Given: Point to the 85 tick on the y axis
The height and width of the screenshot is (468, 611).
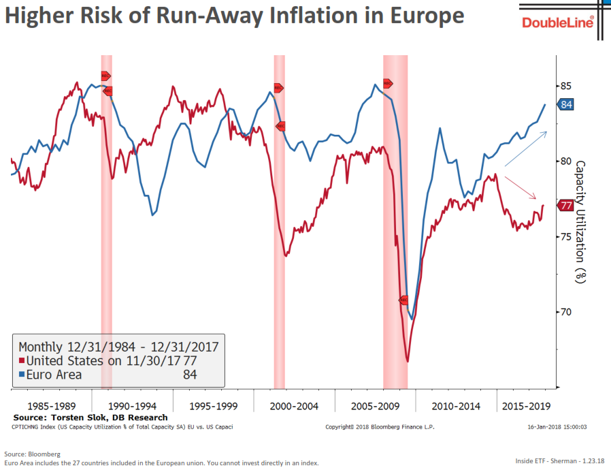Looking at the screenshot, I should tap(565, 87).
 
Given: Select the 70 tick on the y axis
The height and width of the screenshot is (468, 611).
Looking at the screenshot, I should tap(565, 312).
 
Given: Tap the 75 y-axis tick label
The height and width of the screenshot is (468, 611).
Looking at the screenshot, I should tap(565, 236).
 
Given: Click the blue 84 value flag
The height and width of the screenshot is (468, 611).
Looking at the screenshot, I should tap(566, 104).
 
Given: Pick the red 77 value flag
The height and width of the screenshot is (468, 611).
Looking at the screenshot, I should tap(565, 205).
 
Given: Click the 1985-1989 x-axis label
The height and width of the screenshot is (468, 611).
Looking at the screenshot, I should tap(51, 406).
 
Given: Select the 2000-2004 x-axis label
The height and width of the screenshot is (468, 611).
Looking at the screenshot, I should tap(294, 406).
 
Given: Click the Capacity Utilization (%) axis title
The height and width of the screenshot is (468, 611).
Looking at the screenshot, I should tap(580, 221).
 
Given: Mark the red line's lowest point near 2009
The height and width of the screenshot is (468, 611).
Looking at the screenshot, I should tap(407, 360).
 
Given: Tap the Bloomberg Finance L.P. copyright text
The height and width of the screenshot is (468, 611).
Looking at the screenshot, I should tap(380, 427).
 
